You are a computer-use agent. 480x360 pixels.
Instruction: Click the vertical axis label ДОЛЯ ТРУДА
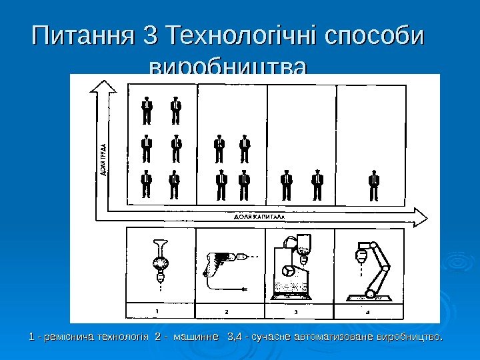tap(104, 159)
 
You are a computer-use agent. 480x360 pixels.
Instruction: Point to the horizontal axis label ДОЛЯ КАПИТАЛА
tap(259, 217)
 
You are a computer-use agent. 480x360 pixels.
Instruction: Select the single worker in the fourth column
tap(374, 185)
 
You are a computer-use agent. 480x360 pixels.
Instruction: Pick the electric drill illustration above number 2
tap(226, 263)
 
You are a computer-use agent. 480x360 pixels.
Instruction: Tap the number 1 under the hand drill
tap(157, 310)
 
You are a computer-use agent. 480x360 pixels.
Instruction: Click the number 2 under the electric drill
tap(227, 311)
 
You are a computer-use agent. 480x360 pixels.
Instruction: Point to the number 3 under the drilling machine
tap(296, 311)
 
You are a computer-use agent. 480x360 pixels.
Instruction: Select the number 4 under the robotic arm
tap(368, 311)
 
